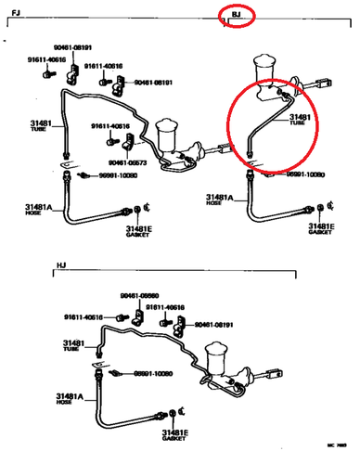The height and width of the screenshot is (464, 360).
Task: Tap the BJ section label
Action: (236, 15)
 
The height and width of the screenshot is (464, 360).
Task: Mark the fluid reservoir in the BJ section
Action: (261, 70)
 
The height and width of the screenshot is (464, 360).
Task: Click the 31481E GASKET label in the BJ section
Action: (320, 228)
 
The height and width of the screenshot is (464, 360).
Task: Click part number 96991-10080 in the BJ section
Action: (303, 174)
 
